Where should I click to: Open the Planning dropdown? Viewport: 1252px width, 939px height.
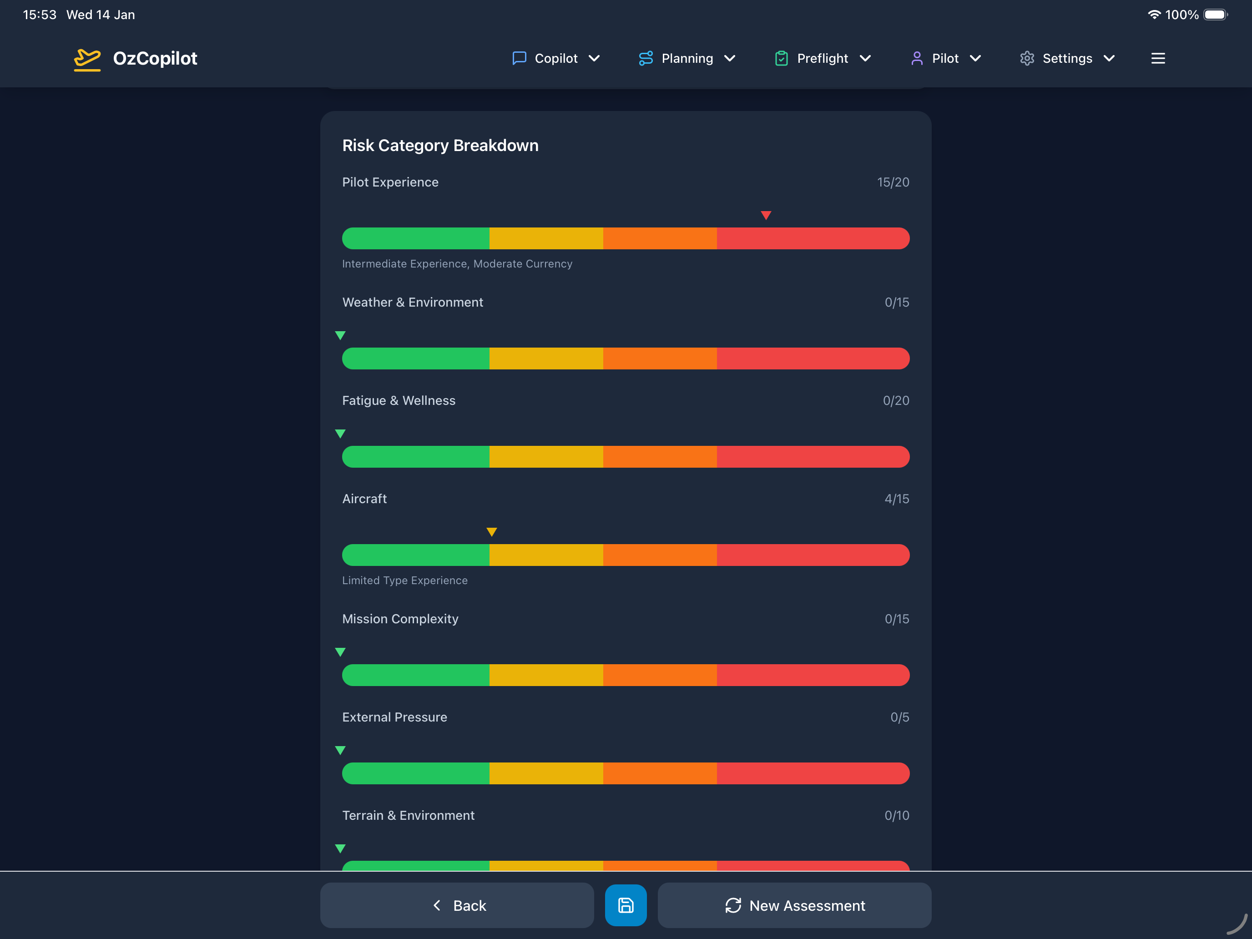point(687,58)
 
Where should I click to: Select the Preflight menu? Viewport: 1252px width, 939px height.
point(823,58)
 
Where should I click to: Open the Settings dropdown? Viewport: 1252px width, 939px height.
point(1067,58)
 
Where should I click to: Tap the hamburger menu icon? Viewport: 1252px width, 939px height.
point(1157,58)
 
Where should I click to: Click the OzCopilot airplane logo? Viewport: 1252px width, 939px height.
point(87,59)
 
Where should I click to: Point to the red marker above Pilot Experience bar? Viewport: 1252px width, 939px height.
point(766,215)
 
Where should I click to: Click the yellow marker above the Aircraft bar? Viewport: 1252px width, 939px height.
point(491,531)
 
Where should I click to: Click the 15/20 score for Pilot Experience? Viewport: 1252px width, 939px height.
point(893,182)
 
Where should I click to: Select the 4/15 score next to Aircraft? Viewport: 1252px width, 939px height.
point(897,499)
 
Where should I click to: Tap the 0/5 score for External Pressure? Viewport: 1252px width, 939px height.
point(899,717)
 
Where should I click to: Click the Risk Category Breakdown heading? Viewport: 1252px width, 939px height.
point(440,146)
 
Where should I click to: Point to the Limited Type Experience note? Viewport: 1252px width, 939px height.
point(405,580)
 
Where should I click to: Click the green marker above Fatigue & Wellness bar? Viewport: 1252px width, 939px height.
point(340,434)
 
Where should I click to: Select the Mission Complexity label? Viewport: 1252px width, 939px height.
point(400,619)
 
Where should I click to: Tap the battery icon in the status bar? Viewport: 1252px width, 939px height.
point(1215,15)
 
